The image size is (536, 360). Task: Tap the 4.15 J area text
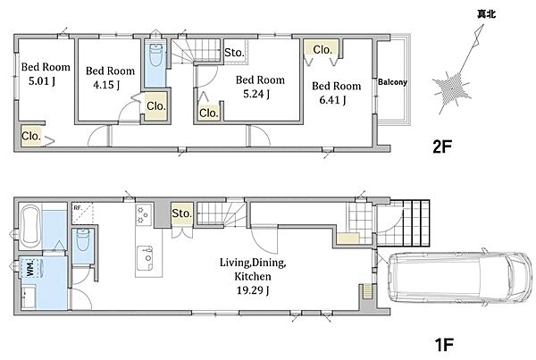point(106,85)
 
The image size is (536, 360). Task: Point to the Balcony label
point(392,82)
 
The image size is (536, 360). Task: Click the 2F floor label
point(442,147)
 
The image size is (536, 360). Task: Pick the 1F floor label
point(444,344)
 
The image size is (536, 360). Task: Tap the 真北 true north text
point(487,14)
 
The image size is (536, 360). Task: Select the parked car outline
point(460,277)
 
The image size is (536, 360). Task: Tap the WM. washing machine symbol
point(30,267)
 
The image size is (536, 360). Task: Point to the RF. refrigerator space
point(82,213)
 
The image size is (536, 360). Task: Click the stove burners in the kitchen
point(144,214)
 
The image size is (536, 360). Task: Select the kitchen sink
point(145,258)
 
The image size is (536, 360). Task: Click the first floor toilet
point(83,239)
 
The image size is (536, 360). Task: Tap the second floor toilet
point(155,55)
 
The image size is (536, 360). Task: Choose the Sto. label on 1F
point(182,213)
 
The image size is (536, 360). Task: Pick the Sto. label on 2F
point(234,53)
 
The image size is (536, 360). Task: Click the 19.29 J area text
point(253,290)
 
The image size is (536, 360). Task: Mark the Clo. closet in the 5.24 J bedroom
point(208,113)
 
